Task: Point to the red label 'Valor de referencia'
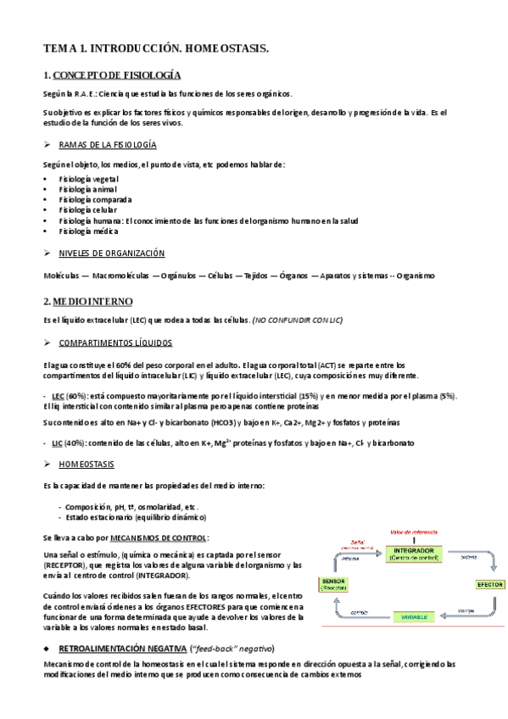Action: pos(413,532)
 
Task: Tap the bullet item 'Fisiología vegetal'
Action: pos(88,179)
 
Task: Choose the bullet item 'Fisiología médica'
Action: pos(87,230)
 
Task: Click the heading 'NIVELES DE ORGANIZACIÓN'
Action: pos(111,254)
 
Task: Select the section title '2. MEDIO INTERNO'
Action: pos(88,301)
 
